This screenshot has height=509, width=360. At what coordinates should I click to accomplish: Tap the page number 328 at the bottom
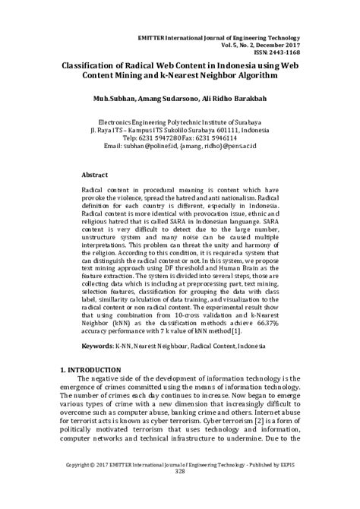pos(180,493)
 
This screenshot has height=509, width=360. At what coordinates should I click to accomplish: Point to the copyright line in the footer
pos(180,485)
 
